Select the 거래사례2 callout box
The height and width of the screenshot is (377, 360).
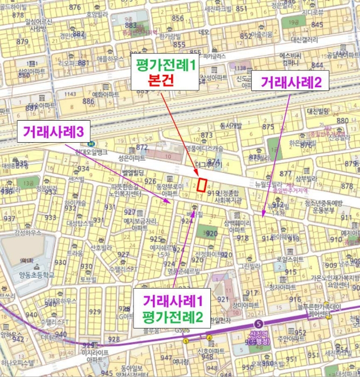point(291,83)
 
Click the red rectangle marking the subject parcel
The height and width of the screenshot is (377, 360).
point(202,184)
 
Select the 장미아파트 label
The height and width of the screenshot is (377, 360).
point(245,305)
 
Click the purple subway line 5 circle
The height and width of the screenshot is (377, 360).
point(260,324)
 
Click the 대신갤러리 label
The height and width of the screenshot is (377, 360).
point(305,39)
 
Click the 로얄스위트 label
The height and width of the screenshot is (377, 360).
point(291,259)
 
